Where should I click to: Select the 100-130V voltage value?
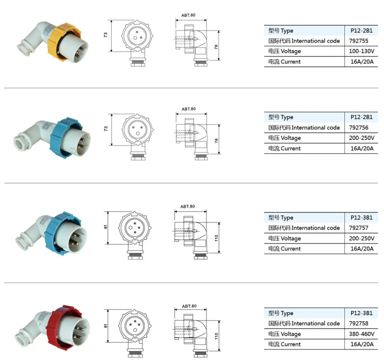coord(362,51)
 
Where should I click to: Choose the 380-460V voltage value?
coord(362,334)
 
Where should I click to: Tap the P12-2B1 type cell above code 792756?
coord(361,117)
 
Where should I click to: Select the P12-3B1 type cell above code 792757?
coord(361,218)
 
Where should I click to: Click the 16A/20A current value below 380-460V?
coord(362,344)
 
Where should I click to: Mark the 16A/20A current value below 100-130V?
coord(362,62)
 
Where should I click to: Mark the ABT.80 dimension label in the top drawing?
coord(188,15)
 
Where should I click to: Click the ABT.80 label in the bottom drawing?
coord(188,306)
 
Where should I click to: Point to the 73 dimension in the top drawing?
coord(106,36)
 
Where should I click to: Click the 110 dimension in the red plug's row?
coord(216,336)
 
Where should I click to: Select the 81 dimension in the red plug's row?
coord(106,326)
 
